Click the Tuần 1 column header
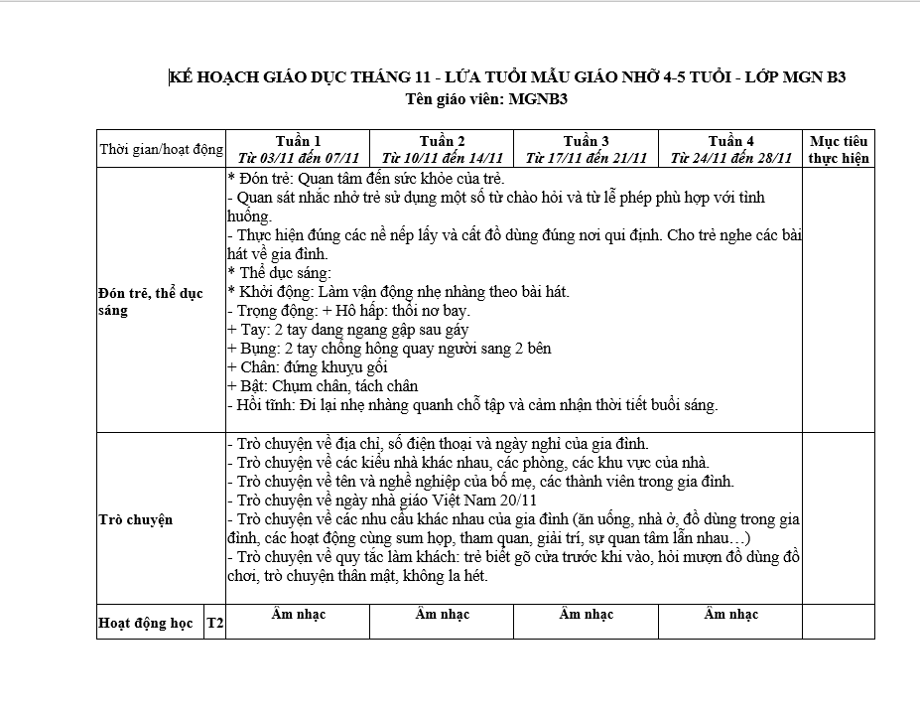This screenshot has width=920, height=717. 298,141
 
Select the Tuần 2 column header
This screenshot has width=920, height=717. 442,141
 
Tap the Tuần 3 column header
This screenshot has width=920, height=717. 586,141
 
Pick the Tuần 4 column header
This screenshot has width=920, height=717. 730,141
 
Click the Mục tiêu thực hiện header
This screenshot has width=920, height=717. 839,149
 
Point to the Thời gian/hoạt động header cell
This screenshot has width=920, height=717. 161,150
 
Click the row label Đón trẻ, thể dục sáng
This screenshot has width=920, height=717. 151,301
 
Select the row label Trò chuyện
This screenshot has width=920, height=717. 136,519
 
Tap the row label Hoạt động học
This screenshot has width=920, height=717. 145,624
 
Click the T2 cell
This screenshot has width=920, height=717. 214,624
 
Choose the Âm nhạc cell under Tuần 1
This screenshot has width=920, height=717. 298,615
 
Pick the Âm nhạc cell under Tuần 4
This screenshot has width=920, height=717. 730,615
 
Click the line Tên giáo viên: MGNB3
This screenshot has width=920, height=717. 486,98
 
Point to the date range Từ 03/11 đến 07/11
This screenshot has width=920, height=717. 298,158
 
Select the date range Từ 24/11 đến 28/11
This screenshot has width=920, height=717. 730,158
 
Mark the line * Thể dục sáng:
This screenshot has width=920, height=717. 279,272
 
